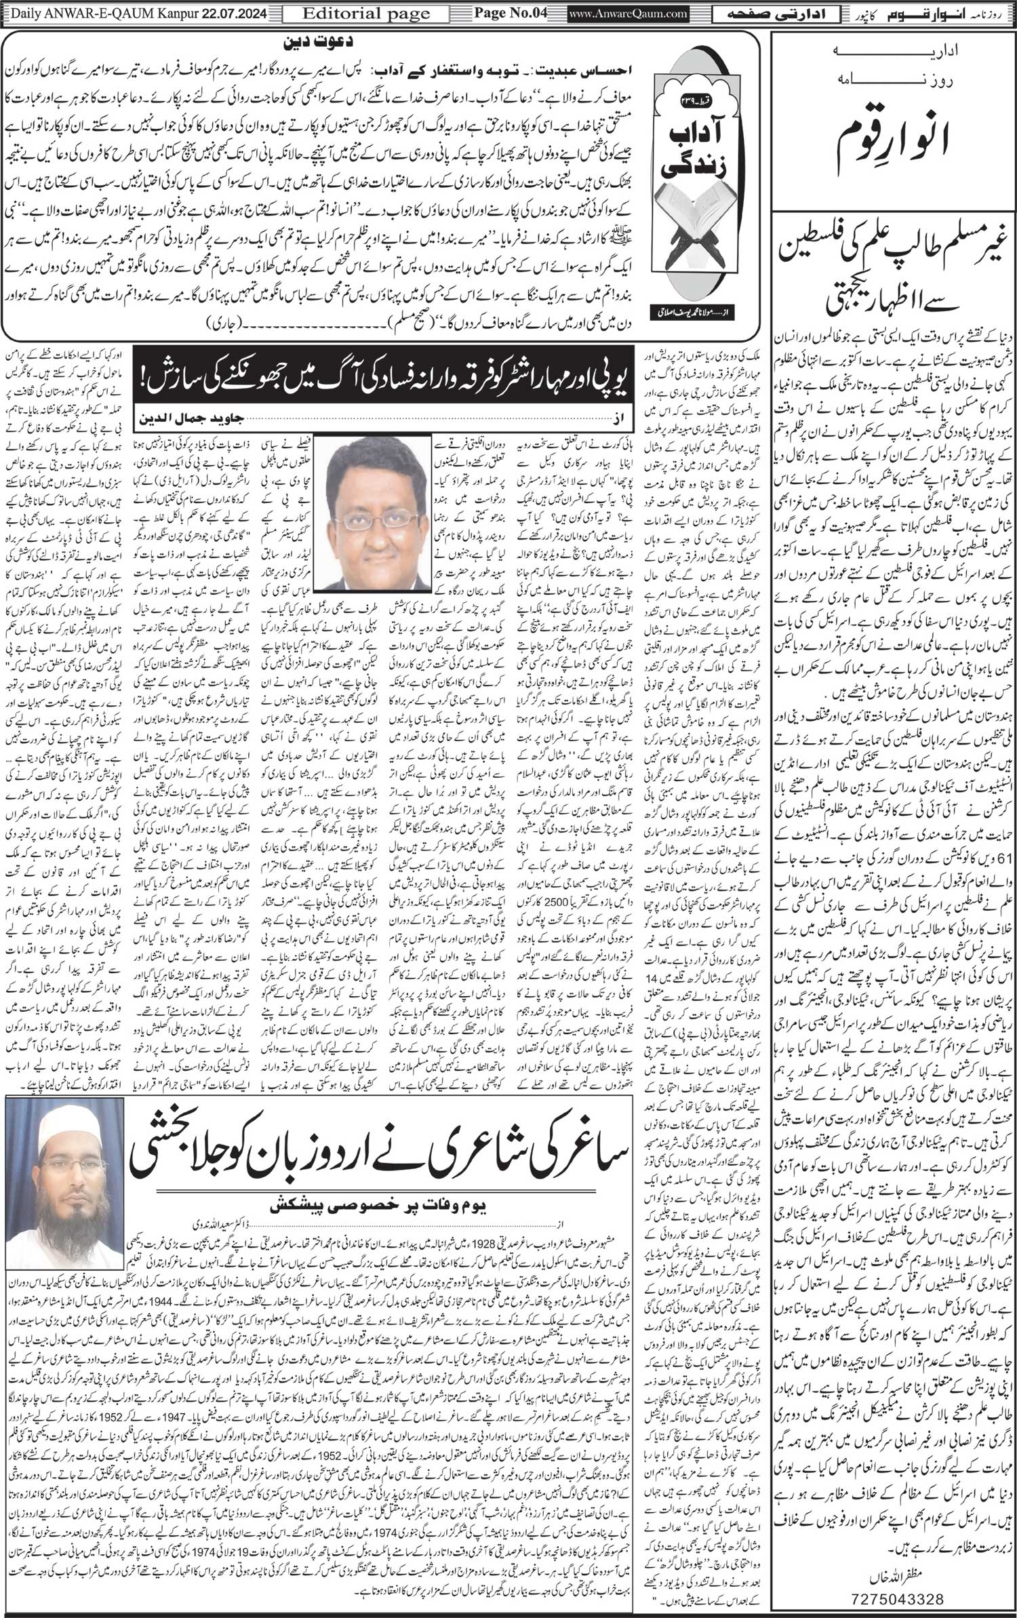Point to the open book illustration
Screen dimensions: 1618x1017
(708, 218)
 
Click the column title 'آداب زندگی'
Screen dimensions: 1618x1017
(709, 136)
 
